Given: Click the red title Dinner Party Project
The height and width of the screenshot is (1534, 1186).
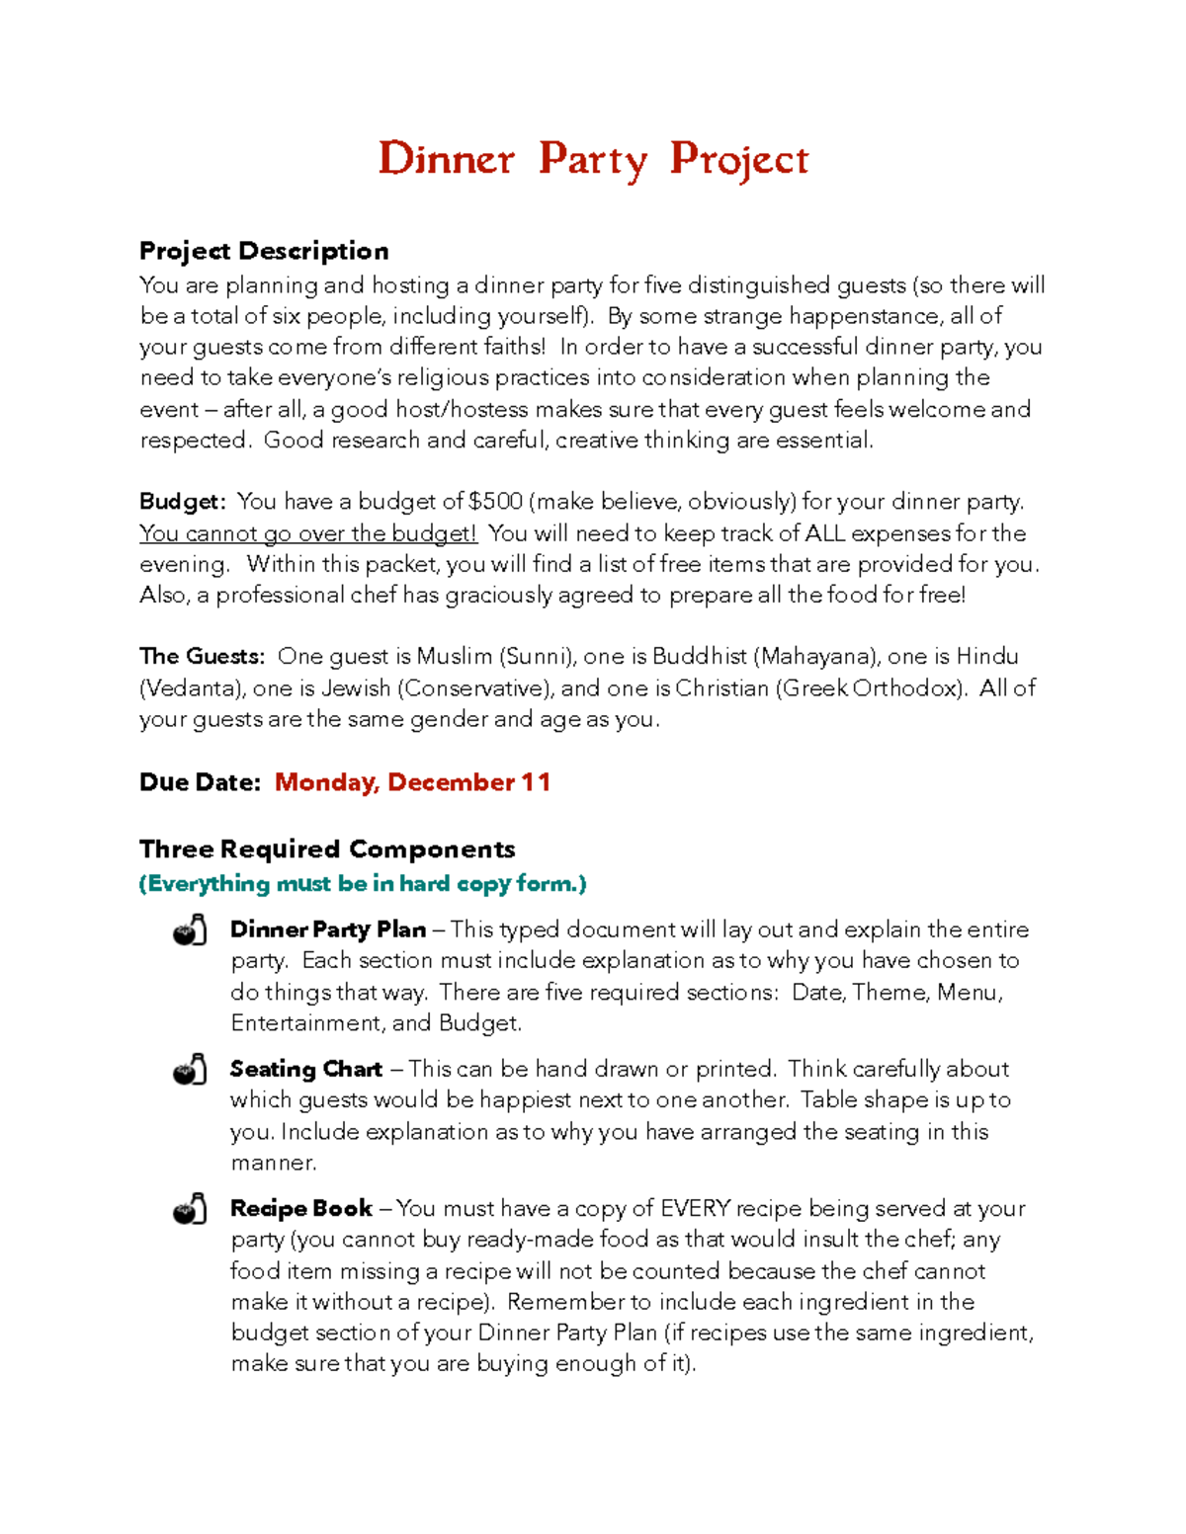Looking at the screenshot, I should pyautogui.click(x=593, y=159).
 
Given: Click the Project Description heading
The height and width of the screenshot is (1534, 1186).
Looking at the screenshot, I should pyautogui.click(x=264, y=251).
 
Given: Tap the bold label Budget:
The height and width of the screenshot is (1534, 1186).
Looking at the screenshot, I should pyautogui.click(x=183, y=502).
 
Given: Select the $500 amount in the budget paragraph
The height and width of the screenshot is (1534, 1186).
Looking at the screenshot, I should pyautogui.click(x=495, y=502).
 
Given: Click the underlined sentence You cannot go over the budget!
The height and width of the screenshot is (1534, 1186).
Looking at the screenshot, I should pyautogui.click(x=308, y=533).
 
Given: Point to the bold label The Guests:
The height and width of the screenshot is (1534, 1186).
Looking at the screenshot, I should pyautogui.click(x=202, y=657).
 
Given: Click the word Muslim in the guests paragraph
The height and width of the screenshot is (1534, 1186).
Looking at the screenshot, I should pyautogui.click(x=454, y=657).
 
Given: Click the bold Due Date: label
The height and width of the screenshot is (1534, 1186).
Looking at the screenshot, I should pyautogui.click(x=200, y=782).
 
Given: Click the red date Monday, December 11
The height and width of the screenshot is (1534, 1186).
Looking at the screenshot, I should pyautogui.click(x=412, y=782).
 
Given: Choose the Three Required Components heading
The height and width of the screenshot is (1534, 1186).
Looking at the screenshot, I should pyautogui.click(x=327, y=849).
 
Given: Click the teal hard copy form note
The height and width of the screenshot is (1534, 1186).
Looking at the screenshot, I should pyautogui.click(x=363, y=884).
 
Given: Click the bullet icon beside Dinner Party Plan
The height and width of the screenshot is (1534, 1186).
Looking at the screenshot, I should pyautogui.click(x=190, y=930).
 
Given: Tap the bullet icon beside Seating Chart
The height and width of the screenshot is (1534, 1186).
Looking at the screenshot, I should pyautogui.click(x=190, y=1070).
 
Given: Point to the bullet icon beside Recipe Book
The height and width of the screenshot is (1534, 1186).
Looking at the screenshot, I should pyautogui.click(x=190, y=1209).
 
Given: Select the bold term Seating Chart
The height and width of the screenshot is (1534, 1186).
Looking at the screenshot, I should pyautogui.click(x=305, y=1070).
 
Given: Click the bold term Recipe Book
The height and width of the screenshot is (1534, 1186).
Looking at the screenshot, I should pyautogui.click(x=300, y=1209).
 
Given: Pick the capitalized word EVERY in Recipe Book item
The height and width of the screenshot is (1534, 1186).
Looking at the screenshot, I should pyautogui.click(x=695, y=1209).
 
